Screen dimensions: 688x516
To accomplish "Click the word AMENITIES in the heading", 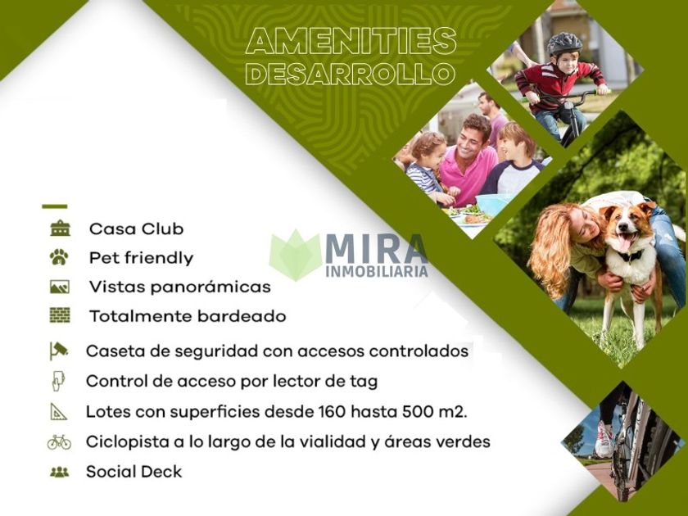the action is click(351, 41).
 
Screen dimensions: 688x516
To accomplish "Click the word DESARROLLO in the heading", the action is click(351, 73).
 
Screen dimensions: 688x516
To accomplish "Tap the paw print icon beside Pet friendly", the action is click(59, 257).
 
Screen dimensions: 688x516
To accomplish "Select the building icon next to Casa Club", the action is click(60, 229).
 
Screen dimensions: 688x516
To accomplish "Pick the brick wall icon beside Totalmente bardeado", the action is click(60, 315).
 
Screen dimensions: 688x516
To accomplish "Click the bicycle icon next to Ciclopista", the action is click(59, 441).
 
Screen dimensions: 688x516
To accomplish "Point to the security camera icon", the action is click(59, 351).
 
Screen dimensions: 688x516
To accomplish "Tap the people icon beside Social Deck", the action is click(60, 472).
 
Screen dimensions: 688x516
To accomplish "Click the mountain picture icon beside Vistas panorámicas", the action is click(60, 287).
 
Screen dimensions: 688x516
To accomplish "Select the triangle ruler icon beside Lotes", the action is click(58, 411).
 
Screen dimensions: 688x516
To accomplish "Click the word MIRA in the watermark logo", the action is click(376, 249).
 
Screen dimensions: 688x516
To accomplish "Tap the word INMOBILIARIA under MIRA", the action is click(377, 272).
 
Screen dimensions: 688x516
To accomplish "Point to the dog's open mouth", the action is click(627, 242).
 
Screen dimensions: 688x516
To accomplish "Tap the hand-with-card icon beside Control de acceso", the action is click(58, 381).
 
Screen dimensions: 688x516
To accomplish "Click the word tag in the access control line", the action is click(364, 382).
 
